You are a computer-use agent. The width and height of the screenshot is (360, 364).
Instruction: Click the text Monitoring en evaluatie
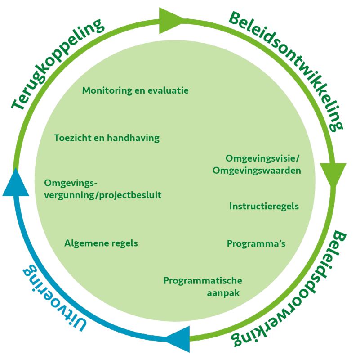[135, 90]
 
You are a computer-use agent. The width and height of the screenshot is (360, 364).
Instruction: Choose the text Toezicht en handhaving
[107, 138]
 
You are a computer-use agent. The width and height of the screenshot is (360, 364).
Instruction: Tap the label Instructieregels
[264, 206]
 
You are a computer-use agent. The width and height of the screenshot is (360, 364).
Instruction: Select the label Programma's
[256, 243]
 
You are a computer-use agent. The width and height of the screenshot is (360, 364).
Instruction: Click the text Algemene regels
[101, 243]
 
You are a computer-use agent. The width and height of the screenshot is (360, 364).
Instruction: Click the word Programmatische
[203, 281]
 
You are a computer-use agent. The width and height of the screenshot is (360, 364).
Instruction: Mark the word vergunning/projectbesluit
[103, 195]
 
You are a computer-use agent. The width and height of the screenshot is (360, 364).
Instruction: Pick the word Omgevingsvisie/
[263, 158]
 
